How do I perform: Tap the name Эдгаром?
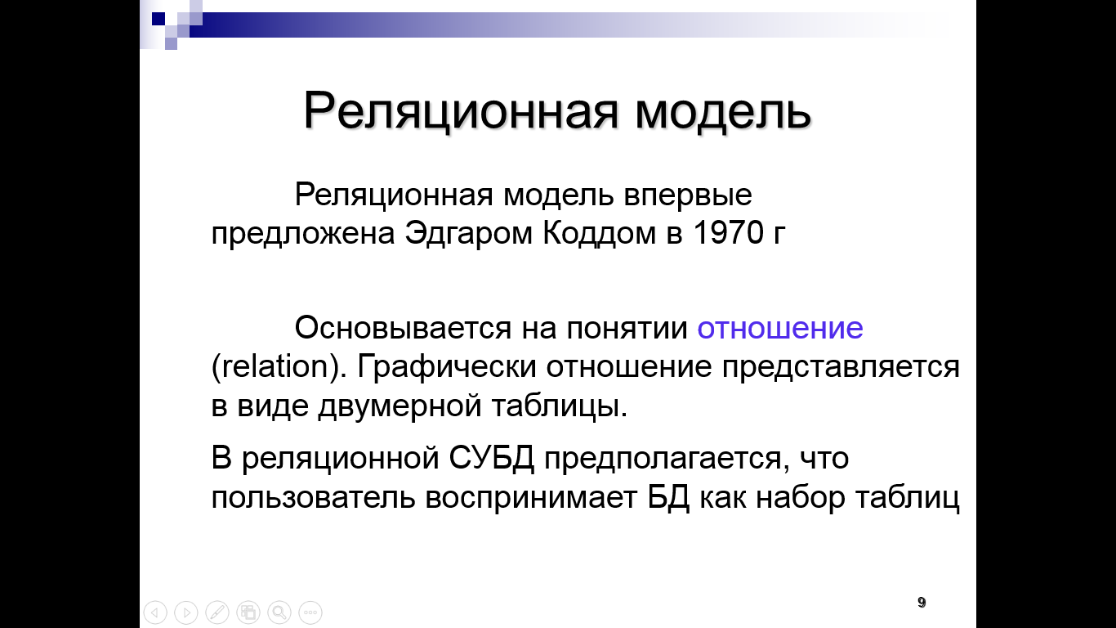[468, 232]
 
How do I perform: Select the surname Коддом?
[600, 232]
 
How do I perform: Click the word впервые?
[688, 195]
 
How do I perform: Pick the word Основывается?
[403, 327]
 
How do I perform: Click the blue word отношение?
[780, 328]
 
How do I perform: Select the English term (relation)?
[279, 366]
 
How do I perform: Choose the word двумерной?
[400, 406]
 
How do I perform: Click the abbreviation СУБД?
[492, 457]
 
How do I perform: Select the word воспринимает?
[531, 498]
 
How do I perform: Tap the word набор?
[801, 497]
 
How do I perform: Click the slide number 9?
[922, 602]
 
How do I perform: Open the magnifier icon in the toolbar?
[279, 612]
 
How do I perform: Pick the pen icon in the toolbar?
[217, 612]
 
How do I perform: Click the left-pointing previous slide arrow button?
[155, 612]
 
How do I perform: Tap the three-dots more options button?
[310, 612]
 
